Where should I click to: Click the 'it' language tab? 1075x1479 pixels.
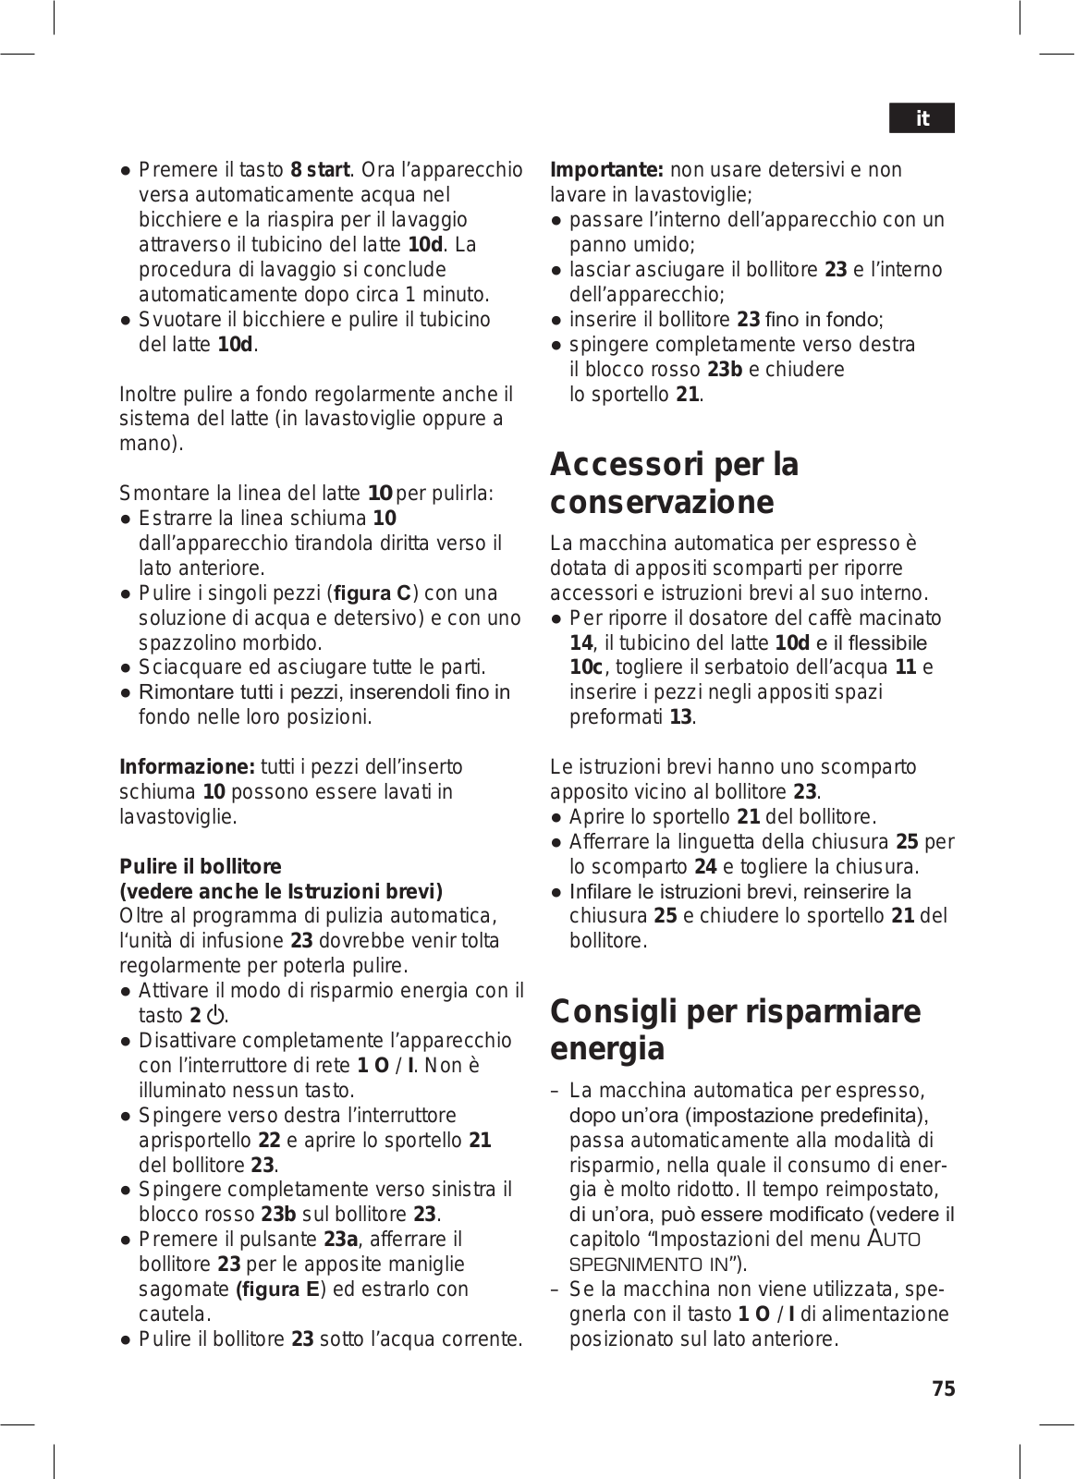point(922,118)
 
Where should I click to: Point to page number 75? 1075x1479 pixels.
point(944,1388)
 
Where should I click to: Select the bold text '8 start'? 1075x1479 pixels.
point(320,170)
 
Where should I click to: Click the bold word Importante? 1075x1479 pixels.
point(607,170)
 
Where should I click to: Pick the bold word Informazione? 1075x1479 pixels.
point(188,767)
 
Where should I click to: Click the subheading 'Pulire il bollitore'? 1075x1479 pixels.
point(201,867)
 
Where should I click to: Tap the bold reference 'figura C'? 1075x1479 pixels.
point(372,593)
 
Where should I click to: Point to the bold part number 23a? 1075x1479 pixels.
point(340,1240)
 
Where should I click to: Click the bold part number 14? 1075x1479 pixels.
point(580,643)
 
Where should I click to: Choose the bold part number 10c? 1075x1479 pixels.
point(586,668)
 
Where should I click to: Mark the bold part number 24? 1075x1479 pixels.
point(705,867)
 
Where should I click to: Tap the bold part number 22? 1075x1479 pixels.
point(269,1141)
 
